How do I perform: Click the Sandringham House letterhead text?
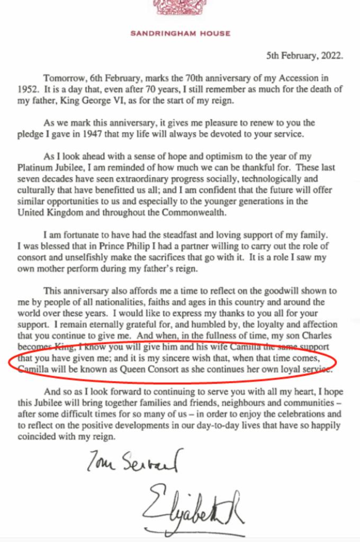(181, 34)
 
